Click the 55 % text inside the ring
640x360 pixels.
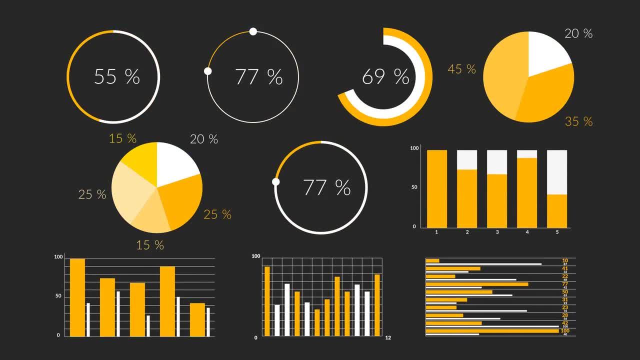[117, 76]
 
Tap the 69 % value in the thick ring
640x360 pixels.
[385, 76]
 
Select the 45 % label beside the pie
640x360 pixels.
[461, 69]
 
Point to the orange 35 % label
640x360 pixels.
[578, 121]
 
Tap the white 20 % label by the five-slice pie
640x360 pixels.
[204, 139]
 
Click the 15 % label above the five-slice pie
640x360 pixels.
[122, 138]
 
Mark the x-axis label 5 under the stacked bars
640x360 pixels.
[557, 232]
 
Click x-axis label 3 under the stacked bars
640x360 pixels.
[497, 232]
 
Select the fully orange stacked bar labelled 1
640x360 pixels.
[437, 188]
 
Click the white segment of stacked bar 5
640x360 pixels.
[557, 171]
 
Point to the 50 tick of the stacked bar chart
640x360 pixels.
[414, 187]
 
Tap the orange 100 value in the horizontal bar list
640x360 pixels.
[565, 330]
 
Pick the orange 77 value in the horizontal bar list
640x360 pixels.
[565, 283]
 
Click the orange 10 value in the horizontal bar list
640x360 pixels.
[565, 260]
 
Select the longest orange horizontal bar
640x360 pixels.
[492, 330]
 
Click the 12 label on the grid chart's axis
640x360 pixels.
[388, 338]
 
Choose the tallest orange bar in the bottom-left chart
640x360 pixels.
[77, 297]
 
